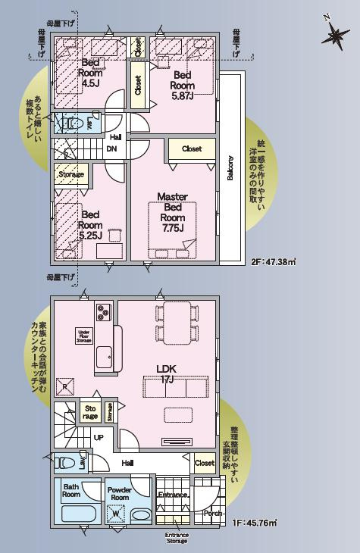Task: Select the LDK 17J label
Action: point(167,373)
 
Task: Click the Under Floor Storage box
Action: point(84,336)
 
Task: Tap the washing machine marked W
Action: point(115,514)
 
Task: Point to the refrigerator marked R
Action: point(66,386)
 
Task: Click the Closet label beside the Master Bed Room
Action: point(192,149)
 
